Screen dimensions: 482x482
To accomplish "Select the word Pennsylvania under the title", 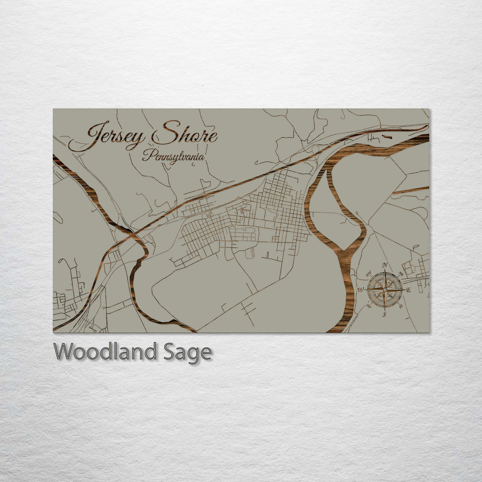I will coord(174,156).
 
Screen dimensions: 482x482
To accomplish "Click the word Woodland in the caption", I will coord(105,352).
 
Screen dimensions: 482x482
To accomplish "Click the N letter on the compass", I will coord(385,265).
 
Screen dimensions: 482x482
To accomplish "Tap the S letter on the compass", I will coord(385,314).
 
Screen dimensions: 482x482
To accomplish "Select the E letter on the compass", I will coord(408,290).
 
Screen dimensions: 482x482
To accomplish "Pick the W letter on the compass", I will coord(360,290).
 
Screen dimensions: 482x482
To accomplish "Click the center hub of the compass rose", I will coord(385,290).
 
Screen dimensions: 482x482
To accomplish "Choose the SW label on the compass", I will coord(368,306).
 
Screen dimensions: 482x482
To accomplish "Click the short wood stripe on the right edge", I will coord(411,191).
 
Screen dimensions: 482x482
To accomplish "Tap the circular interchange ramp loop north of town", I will coord(315,149).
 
